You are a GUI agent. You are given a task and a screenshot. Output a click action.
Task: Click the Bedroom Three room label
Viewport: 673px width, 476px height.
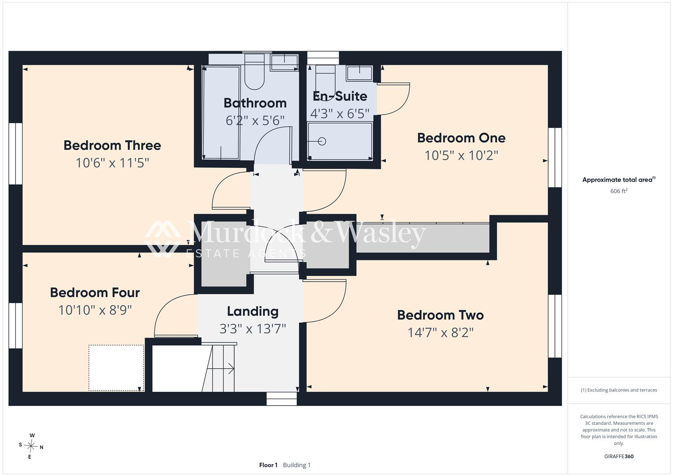pyautogui.click(x=112, y=145)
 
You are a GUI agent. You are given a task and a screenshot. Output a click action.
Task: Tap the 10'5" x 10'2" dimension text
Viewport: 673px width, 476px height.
pyautogui.click(x=461, y=156)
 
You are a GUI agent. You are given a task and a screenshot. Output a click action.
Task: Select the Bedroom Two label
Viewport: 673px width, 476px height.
pyautogui.click(x=440, y=315)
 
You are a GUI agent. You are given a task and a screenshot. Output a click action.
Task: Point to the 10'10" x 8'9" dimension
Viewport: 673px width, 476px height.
pyautogui.click(x=95, y=310)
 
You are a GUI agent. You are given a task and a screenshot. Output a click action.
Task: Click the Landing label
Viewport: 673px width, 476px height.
pyautogui.click(x=253, y=312)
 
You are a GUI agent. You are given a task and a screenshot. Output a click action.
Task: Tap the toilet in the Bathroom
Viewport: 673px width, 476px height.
pyautogui.click(x=254, y=72)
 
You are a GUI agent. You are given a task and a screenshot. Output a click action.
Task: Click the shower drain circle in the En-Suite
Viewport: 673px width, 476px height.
pyautogui.click(x=322, y=141)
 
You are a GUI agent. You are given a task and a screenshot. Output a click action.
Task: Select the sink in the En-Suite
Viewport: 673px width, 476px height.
pyautogui.click(x=360, y=73)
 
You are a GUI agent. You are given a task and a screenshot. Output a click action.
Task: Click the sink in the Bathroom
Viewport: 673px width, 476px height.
pyautogui.click(x=284, y=63)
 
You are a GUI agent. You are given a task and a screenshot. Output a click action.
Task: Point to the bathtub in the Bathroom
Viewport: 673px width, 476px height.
pyautogui.click(x=221, y=113)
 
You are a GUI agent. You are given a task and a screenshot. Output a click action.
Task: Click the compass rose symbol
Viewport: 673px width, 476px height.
pyautogui.click(x=31, y=446)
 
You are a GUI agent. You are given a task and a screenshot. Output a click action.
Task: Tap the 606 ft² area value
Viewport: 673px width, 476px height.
pyautogui.click(x=619, y=191)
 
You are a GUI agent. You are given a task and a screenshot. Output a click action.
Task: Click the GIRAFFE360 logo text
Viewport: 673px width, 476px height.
pyautogui.click(x=619, y=456)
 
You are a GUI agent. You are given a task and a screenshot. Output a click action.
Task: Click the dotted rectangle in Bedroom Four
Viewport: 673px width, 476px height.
pyautogui.click(x=116, y=368)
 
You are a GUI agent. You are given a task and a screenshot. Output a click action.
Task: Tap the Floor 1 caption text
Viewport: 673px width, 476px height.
pyautogui.click(x=268, y=465)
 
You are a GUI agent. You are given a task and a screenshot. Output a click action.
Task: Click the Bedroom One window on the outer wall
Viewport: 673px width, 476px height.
pyautogui.click(x=555, y=157)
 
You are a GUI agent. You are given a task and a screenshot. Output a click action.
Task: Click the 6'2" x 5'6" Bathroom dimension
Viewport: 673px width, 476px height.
pyautogui.click(x=255, y=121)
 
